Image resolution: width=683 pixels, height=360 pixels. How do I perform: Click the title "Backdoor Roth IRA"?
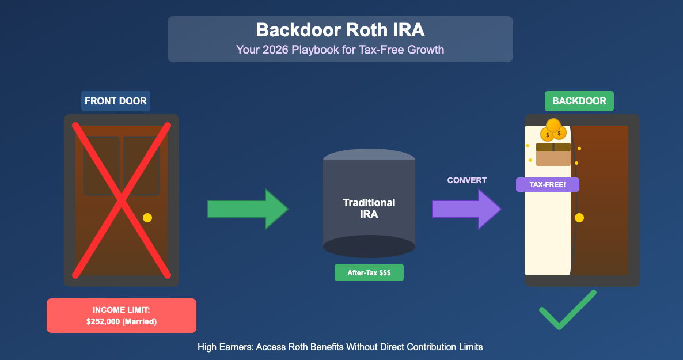(340, 30)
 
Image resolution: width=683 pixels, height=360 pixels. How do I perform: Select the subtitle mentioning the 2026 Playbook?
(340, 50)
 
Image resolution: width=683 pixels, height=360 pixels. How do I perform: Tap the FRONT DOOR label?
(116, 101)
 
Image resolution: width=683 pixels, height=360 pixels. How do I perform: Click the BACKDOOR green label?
(579, 101)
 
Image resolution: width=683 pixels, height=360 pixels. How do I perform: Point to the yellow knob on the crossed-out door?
(147, 218)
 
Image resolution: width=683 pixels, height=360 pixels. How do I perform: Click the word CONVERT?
(466, 180)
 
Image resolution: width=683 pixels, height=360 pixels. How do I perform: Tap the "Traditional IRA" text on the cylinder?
(369, 209)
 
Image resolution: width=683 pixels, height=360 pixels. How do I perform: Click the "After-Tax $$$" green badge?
(369, 272)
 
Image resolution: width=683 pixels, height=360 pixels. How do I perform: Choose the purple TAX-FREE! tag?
(548, 185)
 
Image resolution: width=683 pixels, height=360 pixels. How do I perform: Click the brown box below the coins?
(553, 154)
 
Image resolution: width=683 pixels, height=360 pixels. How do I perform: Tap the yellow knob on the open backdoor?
(579, 218)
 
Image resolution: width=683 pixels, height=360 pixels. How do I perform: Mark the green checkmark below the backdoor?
(567, 311)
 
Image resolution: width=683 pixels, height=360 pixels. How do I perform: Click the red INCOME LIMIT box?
(122, 315)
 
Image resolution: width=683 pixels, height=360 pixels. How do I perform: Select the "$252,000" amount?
(103, 321)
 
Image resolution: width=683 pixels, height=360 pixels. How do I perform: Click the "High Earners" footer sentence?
(340, 347)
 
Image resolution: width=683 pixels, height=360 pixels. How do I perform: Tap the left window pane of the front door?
(101, 165)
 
